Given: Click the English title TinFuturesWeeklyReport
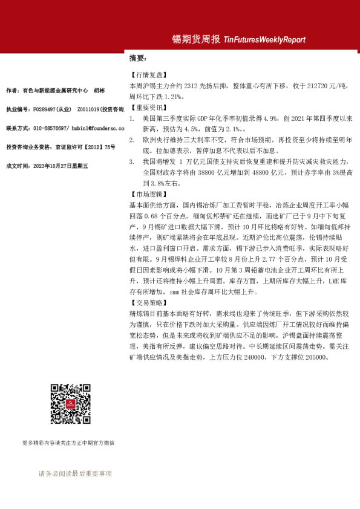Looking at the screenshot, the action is [x=264, y=40].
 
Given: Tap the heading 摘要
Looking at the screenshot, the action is [x=137, y=59].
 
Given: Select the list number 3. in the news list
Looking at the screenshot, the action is [x=132, y=162].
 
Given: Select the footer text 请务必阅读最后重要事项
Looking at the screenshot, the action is [x=75, y=474].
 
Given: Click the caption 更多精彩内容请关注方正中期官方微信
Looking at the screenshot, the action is [x=68, y=443].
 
